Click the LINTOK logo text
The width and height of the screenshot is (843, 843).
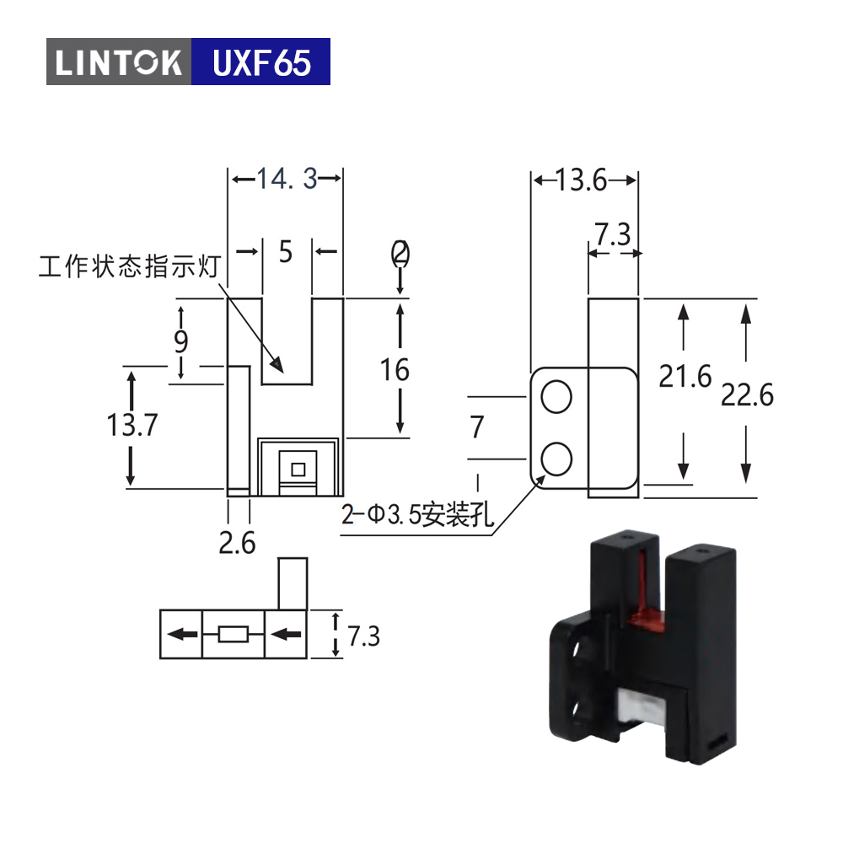point(118,62)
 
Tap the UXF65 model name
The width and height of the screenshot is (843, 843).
point(262,62)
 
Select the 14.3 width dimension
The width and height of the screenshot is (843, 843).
point(287,179)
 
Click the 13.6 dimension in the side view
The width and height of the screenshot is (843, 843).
point(581,180)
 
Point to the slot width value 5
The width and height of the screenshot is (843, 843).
point(286,251)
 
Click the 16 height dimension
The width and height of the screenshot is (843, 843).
point(395,370)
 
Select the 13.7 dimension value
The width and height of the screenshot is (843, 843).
point(132,425)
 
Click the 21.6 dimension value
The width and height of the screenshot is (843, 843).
point(685,376)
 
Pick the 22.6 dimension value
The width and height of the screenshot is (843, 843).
point(747,395)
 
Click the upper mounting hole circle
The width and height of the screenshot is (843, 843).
point(556,397)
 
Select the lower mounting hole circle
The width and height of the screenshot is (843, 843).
point(556,459)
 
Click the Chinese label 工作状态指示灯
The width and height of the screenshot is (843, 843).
point(130,266)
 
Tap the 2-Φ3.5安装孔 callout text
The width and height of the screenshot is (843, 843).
point(417,514)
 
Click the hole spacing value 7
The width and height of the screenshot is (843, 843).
point(477,427)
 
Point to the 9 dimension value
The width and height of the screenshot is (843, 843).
point(181,341)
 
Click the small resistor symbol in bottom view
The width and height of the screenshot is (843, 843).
point(234,635)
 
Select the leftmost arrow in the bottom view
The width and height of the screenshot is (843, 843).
point(182,635)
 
